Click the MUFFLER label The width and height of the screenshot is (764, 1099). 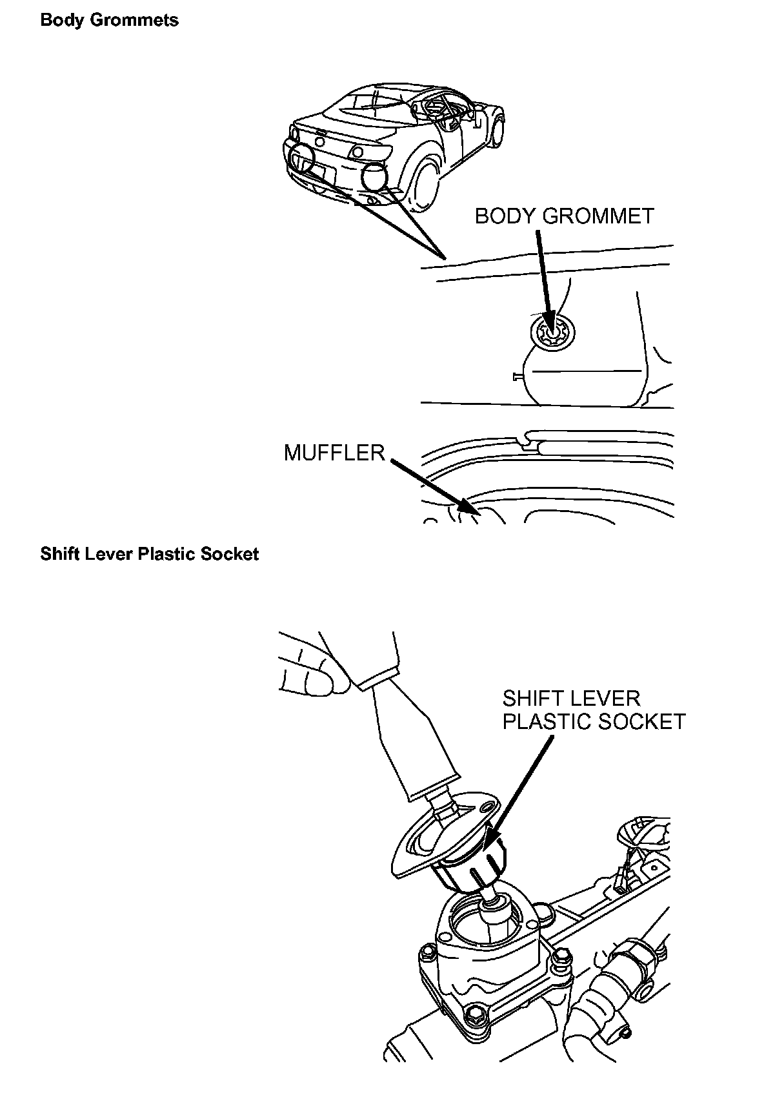coord(334,453)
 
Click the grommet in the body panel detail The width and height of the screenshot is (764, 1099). coord(552,334)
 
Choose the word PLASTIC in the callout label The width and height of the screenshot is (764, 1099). coord(543,721)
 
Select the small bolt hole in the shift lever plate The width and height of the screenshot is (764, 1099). coord(490,806)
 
